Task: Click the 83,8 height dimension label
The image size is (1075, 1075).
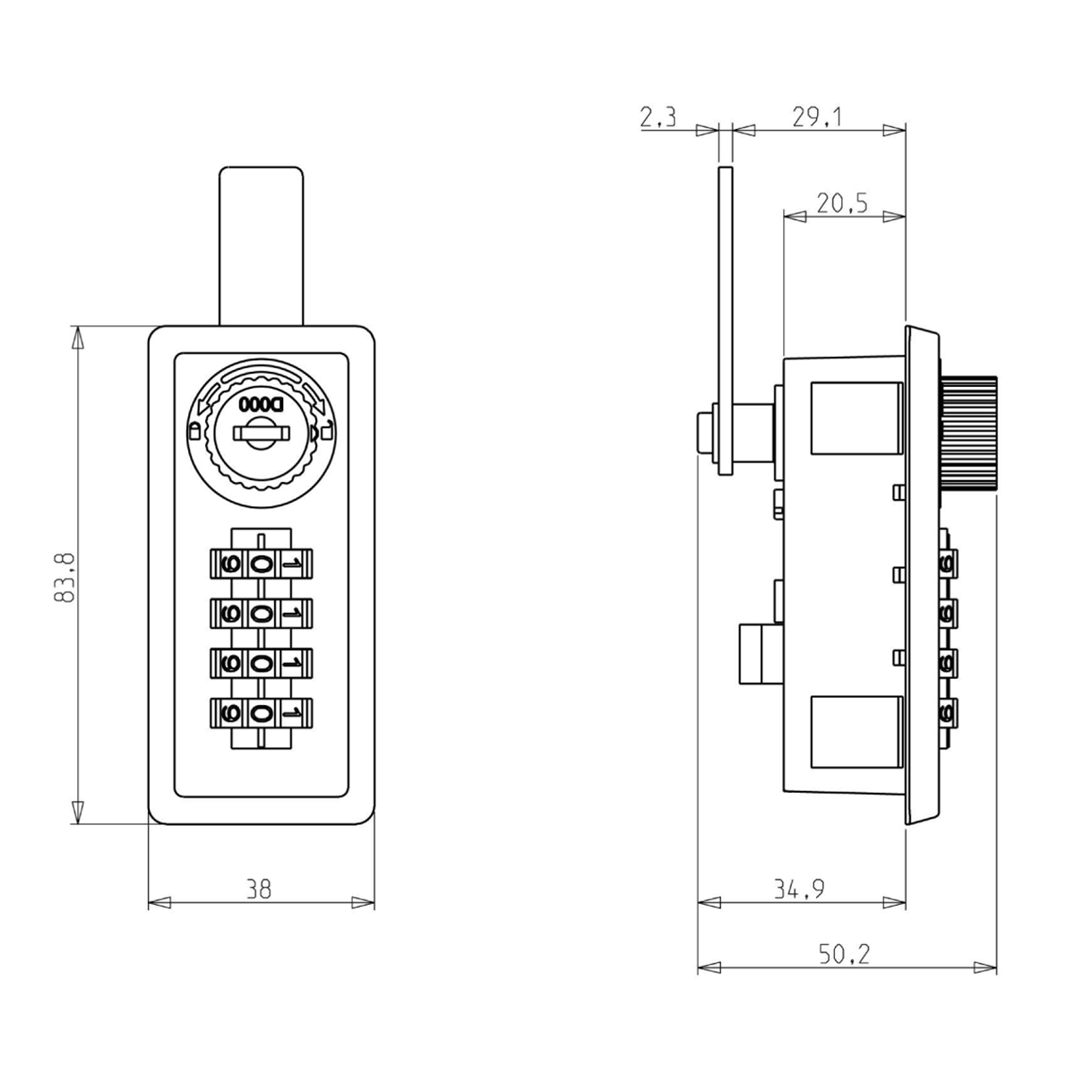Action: click(64, 578)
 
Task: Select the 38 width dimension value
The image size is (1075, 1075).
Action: click(259, 889)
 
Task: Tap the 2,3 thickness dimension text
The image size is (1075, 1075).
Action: click(658, 117)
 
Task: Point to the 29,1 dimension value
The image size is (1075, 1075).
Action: click(817, 117)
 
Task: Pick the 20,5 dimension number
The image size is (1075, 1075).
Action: click(842, 203)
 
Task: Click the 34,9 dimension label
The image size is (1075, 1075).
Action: click(799, 889)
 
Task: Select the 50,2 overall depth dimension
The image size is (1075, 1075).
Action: click(845, 954)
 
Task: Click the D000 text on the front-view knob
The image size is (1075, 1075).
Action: click(261, 404)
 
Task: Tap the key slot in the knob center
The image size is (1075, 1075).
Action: click(261, 434)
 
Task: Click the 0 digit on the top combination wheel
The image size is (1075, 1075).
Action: click(261, 564)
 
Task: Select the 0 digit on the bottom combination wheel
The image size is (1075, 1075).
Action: click(261, 713)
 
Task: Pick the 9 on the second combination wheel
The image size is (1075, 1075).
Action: click(231, 614)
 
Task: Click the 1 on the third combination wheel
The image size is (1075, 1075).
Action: click(292, 663)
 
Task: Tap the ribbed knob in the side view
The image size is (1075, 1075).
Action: click(968, 434)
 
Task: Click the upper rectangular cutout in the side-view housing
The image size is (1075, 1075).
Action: click(856, 417)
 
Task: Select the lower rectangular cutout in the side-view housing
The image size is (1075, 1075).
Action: click(856, 732)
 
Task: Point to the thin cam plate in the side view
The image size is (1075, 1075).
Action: click(726, 321)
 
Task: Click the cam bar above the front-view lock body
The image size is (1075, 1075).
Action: click(261, 245)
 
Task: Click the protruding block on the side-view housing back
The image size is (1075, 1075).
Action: click(761, 654)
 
